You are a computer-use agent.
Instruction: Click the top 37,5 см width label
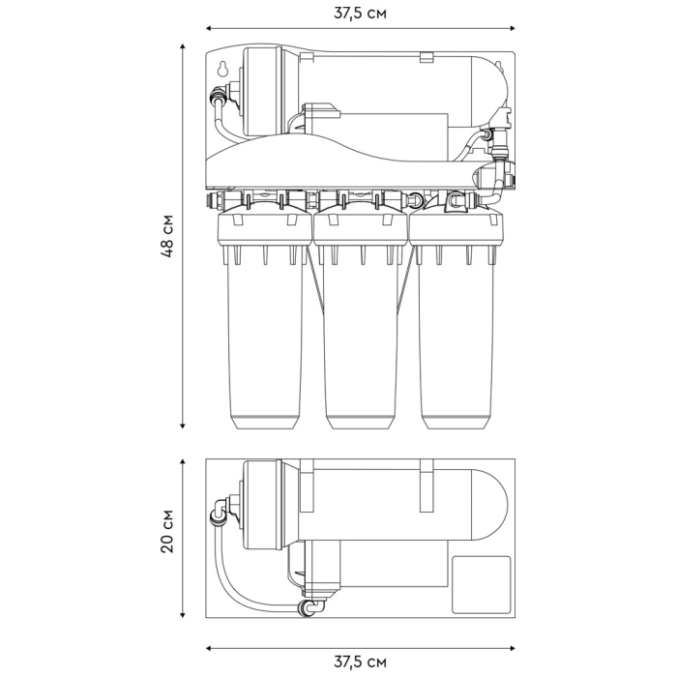pos(360,14)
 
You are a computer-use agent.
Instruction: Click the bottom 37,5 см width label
pos(360,662)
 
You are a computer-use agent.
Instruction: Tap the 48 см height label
pos(167,236)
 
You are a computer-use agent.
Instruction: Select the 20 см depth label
pos(167,531)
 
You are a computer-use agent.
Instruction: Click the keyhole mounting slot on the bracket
pos(222,69)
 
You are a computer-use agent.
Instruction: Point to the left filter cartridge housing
pos(263,322)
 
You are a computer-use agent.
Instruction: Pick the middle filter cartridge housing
pos(361,322)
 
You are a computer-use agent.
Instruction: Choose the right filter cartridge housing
pos(456,322)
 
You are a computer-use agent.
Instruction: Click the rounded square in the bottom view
pos(481,584)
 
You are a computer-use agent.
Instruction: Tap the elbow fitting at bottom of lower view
pos(310,606)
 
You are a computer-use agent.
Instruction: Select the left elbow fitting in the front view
pos(220,96)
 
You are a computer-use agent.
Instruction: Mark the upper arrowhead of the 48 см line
pos(183,46)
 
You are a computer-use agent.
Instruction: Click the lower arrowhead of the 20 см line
pos(183,615)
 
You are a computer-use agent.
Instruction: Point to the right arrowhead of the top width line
pos(513,28)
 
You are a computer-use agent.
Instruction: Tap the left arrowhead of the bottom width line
pos(209,648)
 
